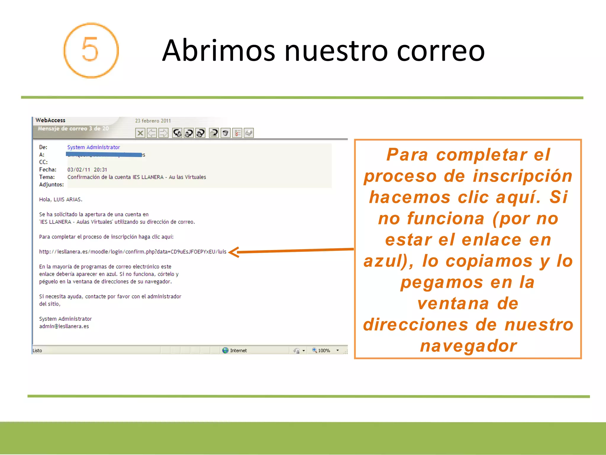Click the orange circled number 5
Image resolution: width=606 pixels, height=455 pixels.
pos(91,50)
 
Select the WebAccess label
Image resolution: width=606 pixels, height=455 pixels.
pos(50,120)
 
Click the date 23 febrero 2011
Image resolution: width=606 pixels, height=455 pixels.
pos(153,121)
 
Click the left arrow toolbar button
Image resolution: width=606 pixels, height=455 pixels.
pos(152,133)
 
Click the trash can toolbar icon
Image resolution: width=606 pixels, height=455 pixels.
pos(225,133)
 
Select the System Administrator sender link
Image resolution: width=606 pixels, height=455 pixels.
pos(94,147)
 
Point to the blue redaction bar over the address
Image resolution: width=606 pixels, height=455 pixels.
pos(104,154)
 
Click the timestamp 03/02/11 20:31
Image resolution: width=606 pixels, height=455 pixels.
pos(87,169)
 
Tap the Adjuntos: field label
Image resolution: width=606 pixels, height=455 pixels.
pos(51,185)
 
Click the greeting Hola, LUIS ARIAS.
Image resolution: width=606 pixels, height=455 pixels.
pos(61,199)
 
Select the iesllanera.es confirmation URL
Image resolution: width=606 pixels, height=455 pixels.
pos(133,251)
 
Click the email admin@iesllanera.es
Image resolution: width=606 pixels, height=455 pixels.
pos(64,326)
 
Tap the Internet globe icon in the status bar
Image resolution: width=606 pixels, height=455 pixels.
pos(225,350)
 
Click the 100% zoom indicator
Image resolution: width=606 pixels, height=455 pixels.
pos(324,350)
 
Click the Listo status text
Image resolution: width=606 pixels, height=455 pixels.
pos(37,350)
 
